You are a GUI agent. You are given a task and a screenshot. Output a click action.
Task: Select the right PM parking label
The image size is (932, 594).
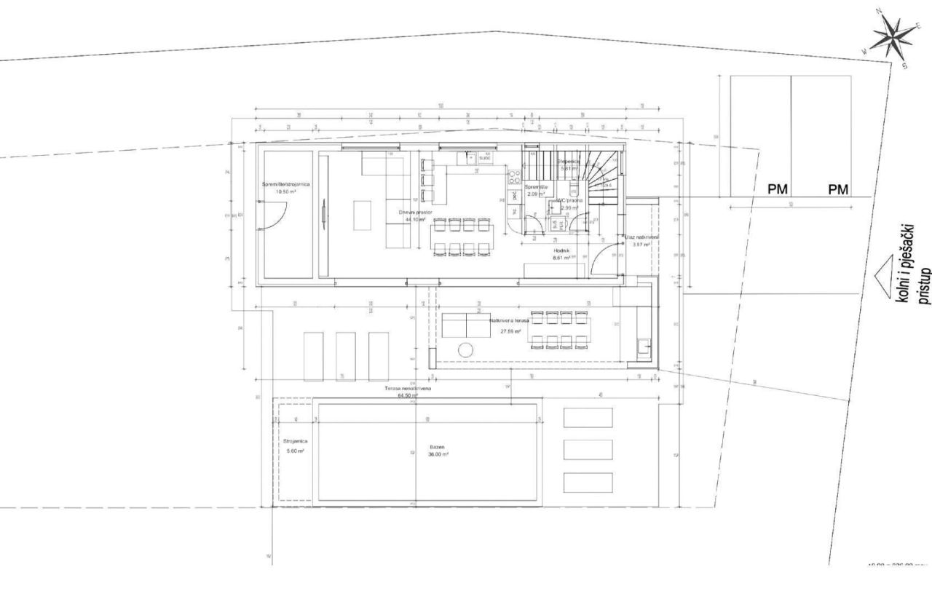tap(838, 190)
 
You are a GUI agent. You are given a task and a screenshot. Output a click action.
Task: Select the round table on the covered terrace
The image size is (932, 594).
tap(466, 350)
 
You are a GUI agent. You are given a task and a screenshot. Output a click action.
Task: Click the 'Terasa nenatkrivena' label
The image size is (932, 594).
tap(408, 389)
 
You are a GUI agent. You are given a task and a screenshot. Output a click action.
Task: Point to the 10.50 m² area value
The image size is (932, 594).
tap(285, 192)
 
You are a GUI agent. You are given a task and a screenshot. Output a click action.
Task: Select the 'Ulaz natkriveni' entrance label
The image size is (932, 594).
tap(641, 237)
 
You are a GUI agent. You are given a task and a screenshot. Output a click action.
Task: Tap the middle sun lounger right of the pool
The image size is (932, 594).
tap(588, 449)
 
